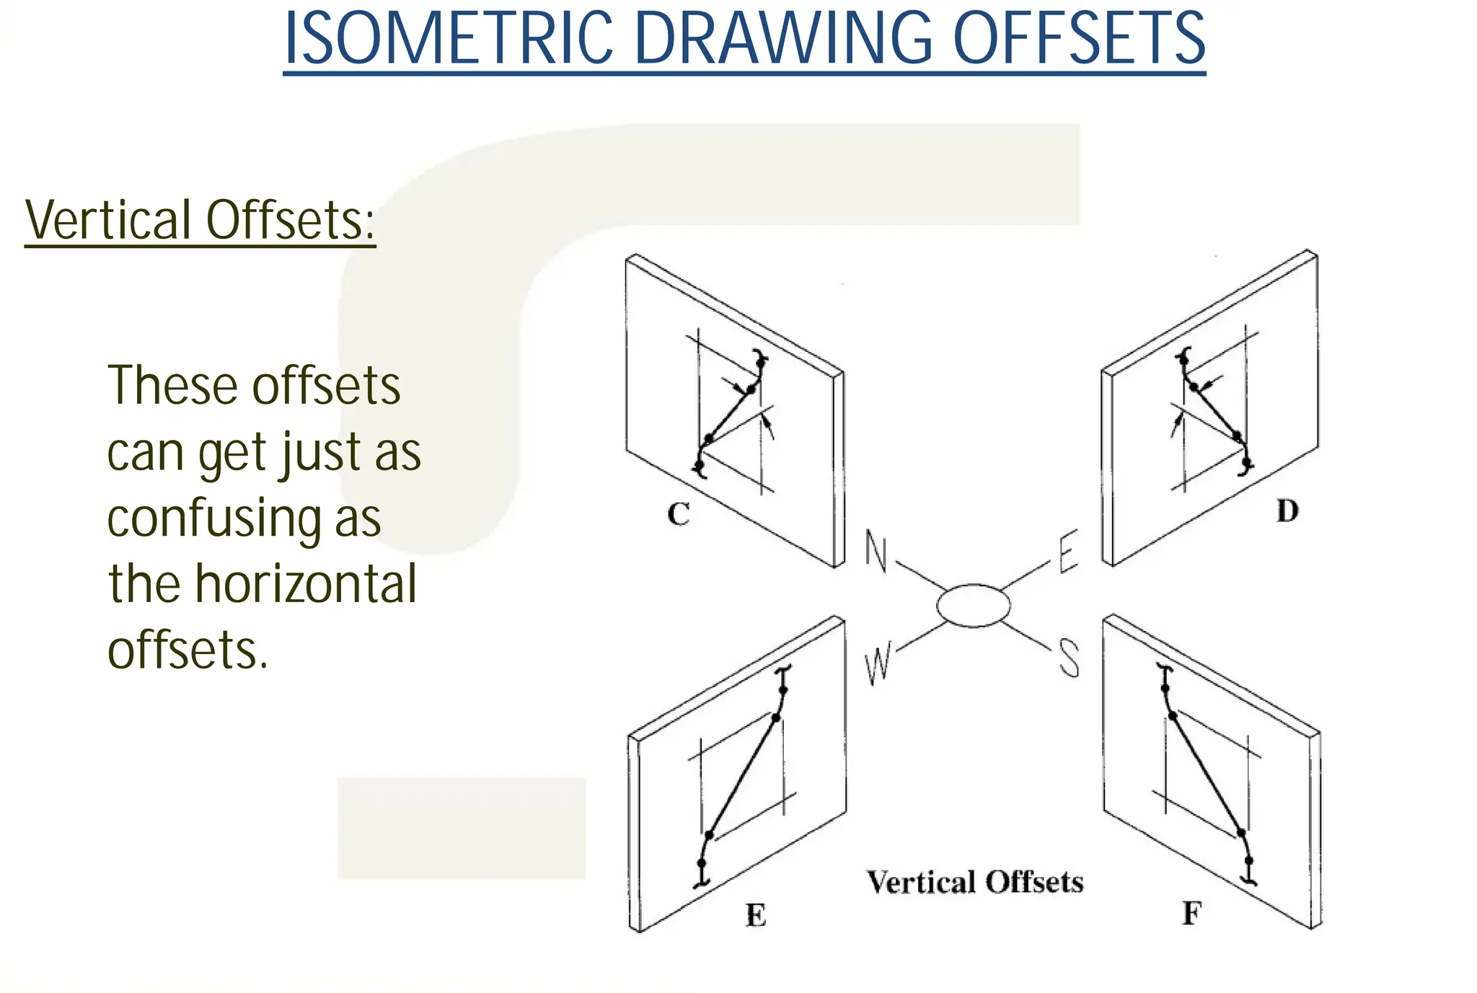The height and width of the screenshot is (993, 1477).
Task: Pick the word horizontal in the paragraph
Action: tap(306, 584)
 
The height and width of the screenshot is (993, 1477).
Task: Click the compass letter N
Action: tap(876, 552)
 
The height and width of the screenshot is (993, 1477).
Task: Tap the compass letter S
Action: tap(1069, 658)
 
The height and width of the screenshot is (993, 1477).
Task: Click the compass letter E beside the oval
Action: tap(1068, 552)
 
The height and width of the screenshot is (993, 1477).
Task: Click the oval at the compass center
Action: tap(974, 606)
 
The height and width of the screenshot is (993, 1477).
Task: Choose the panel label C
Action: tap(679, 514)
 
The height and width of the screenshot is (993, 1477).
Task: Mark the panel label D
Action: tap(1287, 511)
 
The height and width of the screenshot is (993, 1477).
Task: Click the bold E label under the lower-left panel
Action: tap(755, 915)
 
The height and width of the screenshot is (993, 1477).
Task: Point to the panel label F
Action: tap(1191, 914)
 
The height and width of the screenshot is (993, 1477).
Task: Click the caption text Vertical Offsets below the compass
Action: tap(974, 882)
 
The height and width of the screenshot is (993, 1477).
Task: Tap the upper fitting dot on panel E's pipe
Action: tap(783, 690)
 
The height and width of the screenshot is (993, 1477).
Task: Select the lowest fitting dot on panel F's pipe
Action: tap(1249, 860)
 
